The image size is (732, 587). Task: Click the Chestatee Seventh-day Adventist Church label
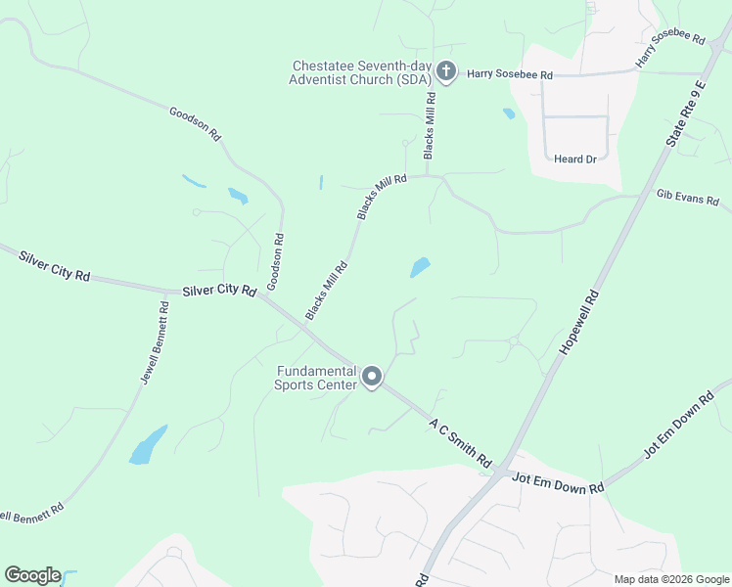point(361,72)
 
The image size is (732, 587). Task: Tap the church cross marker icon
point(446,70)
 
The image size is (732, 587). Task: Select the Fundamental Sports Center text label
point(315,378)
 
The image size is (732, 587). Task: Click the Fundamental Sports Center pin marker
point(372,377)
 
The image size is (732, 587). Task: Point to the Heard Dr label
point(574,159)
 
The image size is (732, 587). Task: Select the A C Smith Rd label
point(460,441)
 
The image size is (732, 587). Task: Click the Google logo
point(32,575)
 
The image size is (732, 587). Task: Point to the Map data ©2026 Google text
point(671,579)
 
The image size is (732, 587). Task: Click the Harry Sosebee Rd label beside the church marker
point(510,74)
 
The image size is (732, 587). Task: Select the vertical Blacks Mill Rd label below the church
point(429,126)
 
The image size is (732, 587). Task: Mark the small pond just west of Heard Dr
point(509,113)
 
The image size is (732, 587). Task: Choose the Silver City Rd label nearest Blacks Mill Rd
point(219,291)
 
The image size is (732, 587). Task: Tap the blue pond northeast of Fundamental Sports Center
point(420,267)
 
